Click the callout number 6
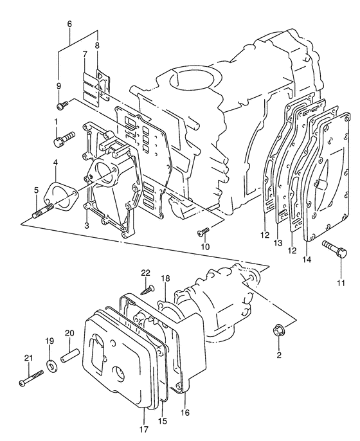click(x=69, y=24)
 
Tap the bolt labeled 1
click(x=64, y=138)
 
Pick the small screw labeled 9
click(x=62, y=105)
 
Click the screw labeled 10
click(x=203, y=231)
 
